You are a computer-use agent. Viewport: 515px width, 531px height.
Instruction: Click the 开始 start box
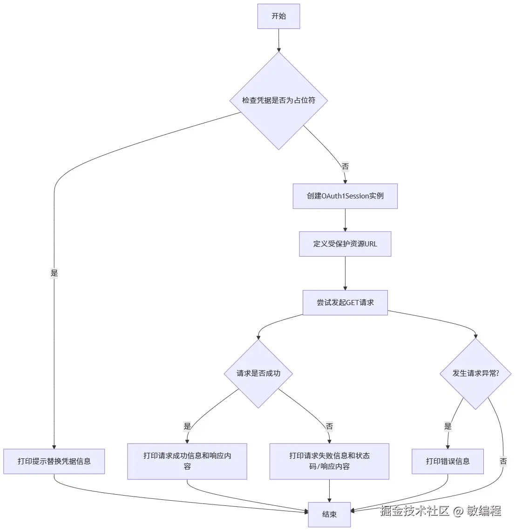[x=278, y=16]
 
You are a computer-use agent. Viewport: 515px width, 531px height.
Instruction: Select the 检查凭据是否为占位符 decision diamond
[x=278, y=100]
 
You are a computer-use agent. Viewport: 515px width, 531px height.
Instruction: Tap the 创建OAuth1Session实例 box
[x=345, y=196]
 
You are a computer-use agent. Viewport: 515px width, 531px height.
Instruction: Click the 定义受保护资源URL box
[x=345, y=244]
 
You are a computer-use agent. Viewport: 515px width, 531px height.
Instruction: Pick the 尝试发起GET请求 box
[x=345, y=303]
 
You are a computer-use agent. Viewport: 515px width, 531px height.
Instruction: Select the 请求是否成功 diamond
[x=258, y=373]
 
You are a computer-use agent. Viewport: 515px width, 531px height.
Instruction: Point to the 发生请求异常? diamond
[x=475, y=373]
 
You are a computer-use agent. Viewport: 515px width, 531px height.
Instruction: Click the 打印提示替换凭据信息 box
[x=54, y=461]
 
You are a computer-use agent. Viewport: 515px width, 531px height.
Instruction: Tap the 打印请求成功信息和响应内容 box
[x=187, y=461]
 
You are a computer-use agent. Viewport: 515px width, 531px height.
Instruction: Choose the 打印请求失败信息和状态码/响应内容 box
[x=329, y=461]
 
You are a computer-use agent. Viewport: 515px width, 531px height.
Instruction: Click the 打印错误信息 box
[x=447, y=461]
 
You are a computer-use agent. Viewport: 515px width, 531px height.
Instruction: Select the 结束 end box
[x=329, y=514]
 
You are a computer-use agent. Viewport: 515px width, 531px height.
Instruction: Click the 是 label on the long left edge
[x=54, y=273]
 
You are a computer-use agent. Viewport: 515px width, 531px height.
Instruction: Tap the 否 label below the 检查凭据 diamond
[x=345, y=166]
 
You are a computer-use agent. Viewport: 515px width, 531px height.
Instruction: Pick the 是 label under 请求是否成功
[x=187, y=426]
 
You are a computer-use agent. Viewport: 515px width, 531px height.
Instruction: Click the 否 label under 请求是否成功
[x=329, y=426]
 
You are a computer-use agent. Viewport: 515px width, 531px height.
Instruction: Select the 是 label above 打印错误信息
[x=447, y=426]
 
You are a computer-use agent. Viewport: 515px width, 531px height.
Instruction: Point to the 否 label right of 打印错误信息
[x=503, y=461]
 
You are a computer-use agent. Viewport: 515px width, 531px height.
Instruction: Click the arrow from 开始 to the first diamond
[x=278, y=41]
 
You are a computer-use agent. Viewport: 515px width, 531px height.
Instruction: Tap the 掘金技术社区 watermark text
[x=414, y=511]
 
